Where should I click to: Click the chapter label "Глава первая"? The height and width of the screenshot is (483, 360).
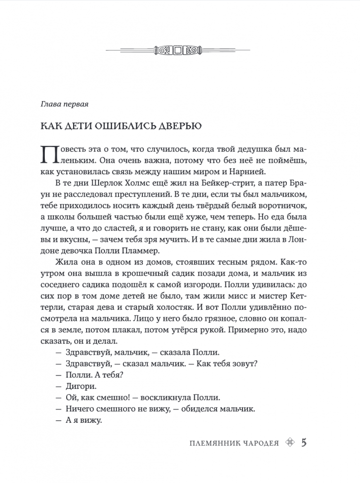tap(64, 105)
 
